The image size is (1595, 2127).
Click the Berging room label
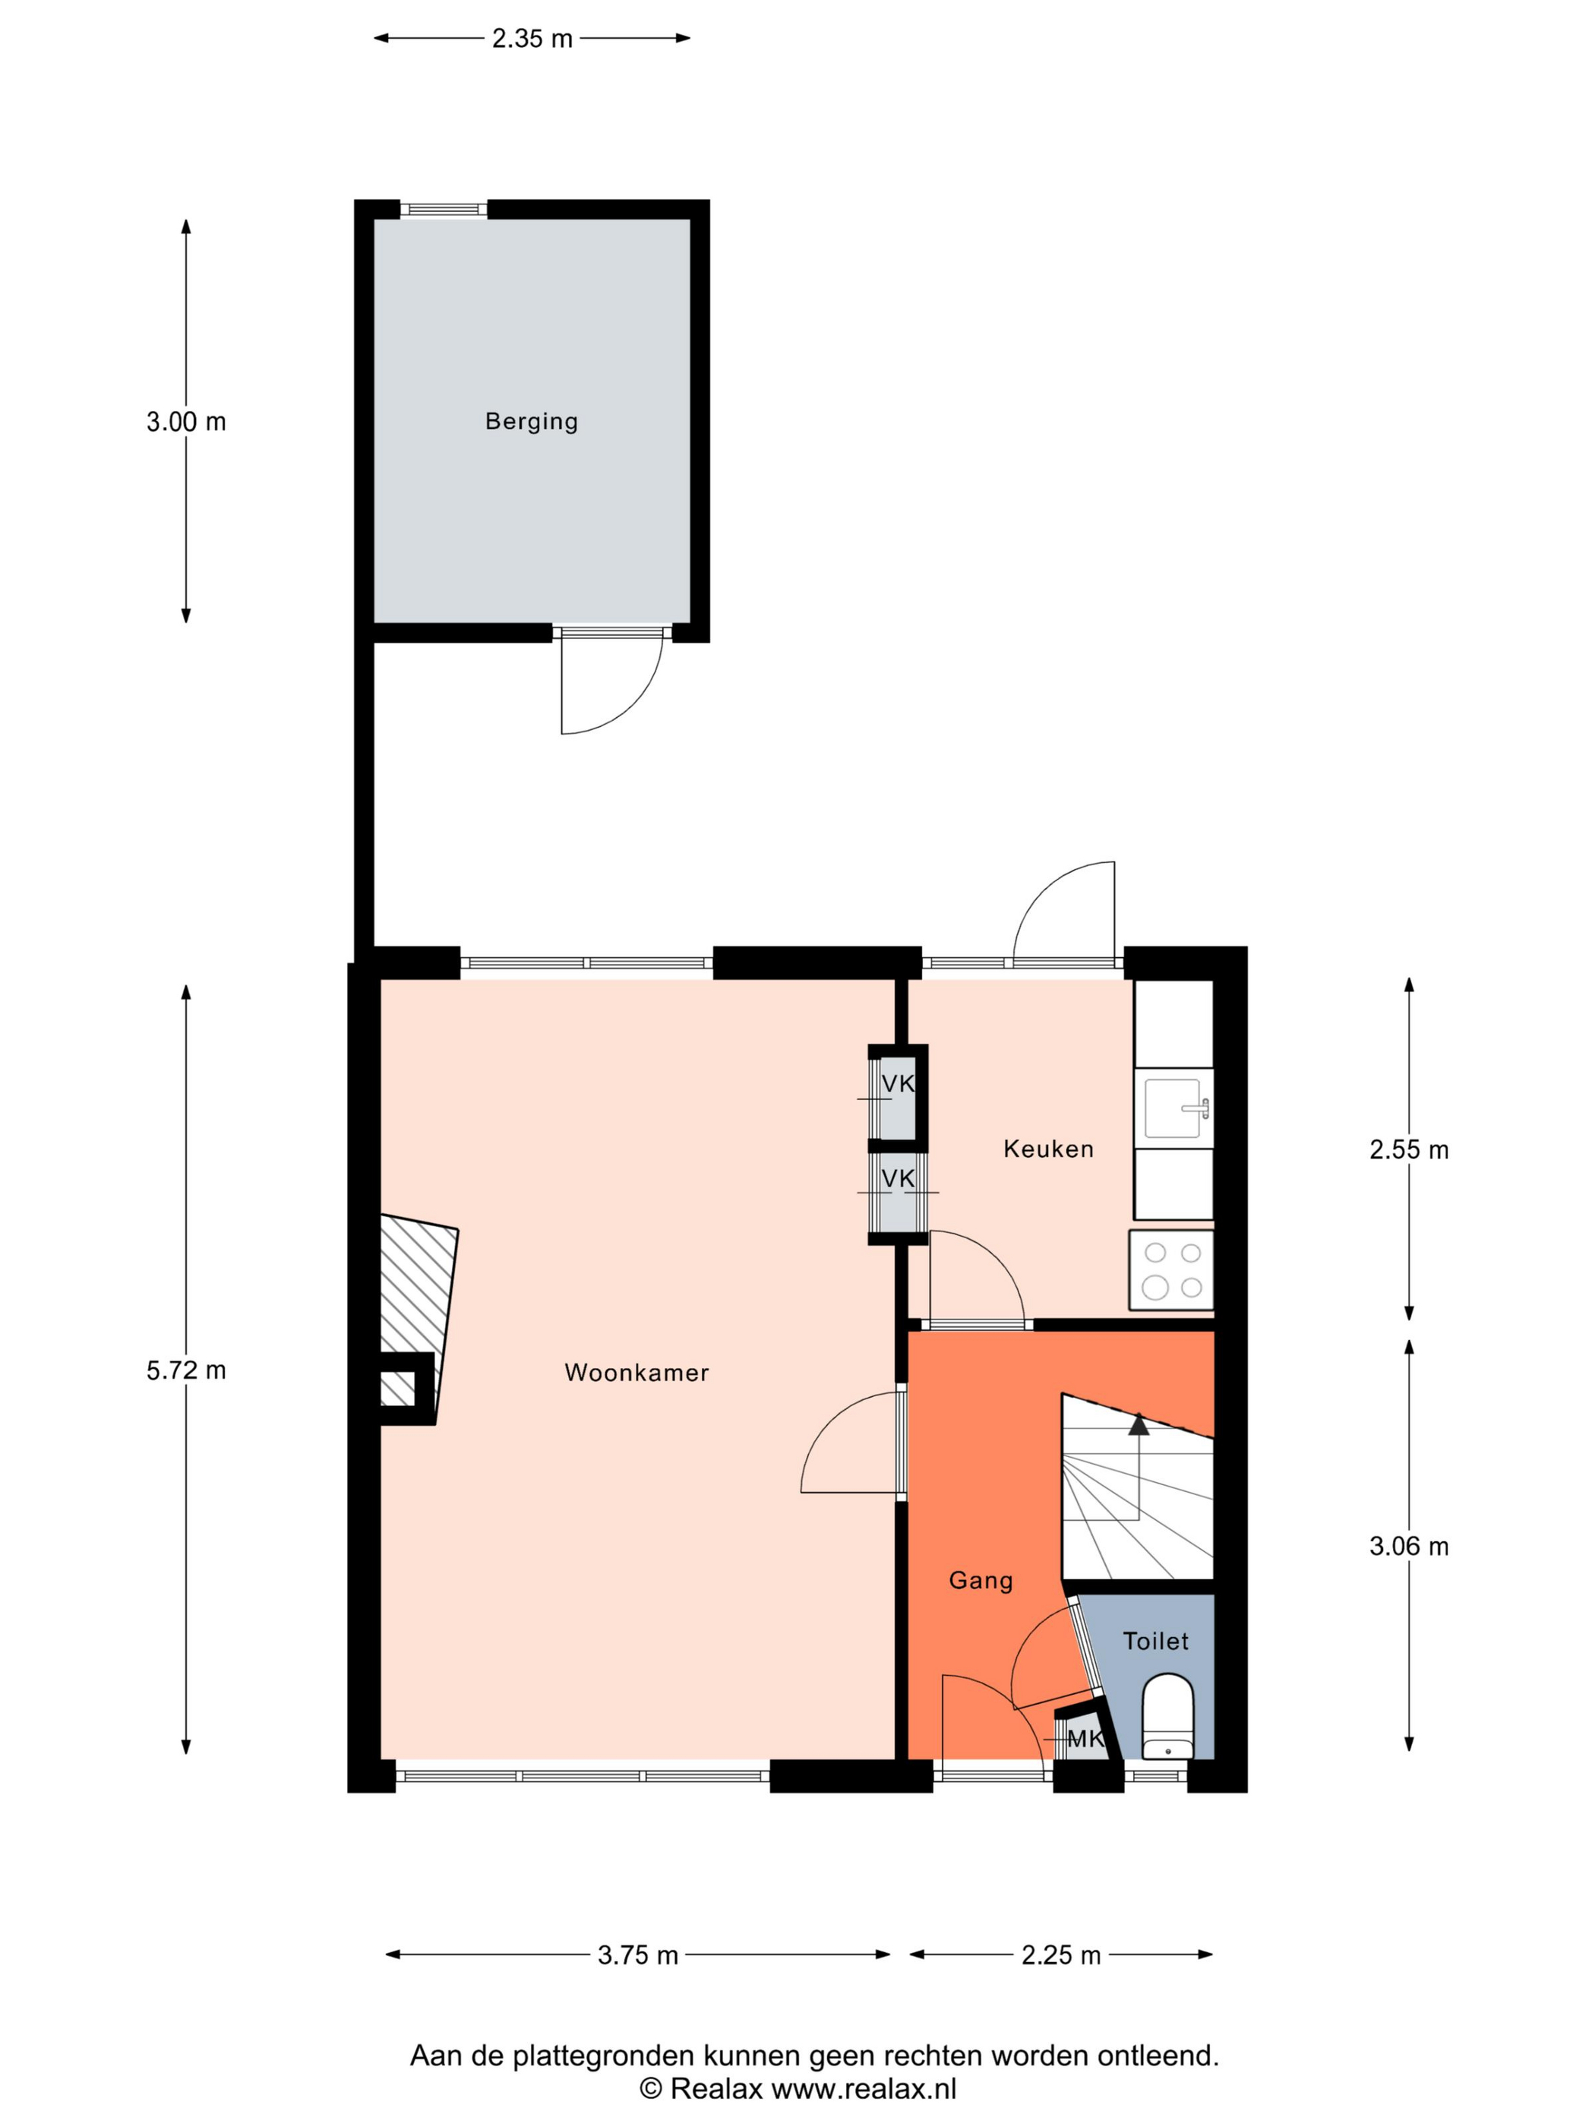tap(531, 421)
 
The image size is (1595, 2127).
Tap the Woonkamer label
tap(636, 1372)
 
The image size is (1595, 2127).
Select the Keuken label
tap(1048, 1148)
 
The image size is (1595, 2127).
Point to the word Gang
tap(981, 1581)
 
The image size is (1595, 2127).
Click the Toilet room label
tap(1156, 1640)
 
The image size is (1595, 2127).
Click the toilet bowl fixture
tap(1167, 1716)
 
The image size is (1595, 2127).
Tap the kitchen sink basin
tap(1172, 1108)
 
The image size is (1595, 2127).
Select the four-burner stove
tap(1171, 1269)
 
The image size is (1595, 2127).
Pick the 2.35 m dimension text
tap(532, 39)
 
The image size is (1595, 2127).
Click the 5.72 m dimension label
tap(185, 1370)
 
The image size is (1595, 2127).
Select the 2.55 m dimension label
tap(1408, 1149)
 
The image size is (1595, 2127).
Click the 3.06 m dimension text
tap(1408, 1546)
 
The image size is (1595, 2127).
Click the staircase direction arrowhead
tap(1139, 1424)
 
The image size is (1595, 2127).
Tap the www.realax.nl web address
tap(864, 2088)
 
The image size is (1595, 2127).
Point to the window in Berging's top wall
tap(444, 210)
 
